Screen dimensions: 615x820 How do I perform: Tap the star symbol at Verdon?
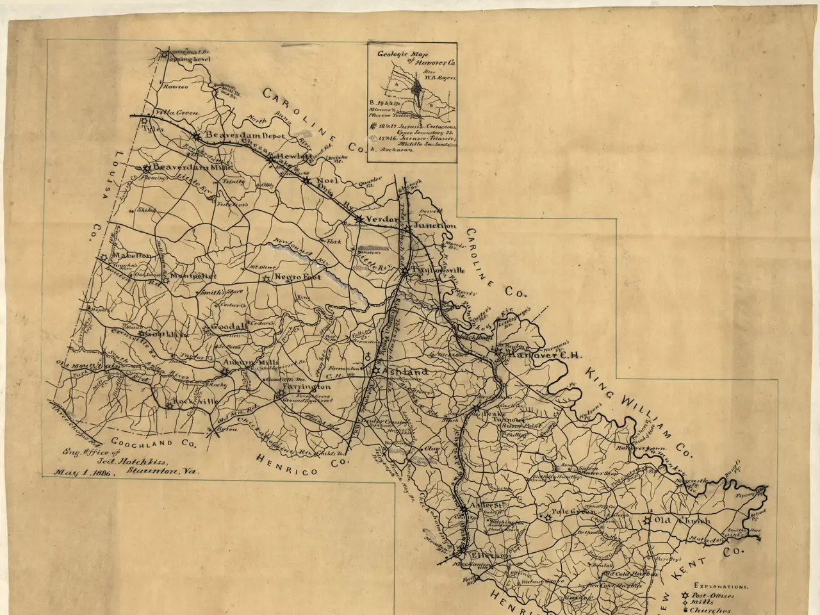(359, 219)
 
